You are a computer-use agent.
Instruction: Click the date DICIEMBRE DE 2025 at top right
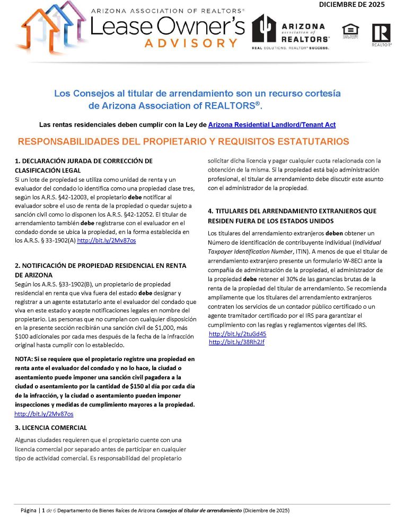tap(352, 5)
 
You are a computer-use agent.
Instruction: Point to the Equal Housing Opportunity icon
tap(350, 31)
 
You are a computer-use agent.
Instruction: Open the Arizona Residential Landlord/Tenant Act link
tap(272, 125)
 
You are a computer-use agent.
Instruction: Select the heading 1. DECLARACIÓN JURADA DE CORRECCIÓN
tap(84, 160)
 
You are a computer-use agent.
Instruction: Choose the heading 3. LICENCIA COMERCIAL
tap(51, 427)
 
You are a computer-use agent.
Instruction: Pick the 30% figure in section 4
tap(312, 278)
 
